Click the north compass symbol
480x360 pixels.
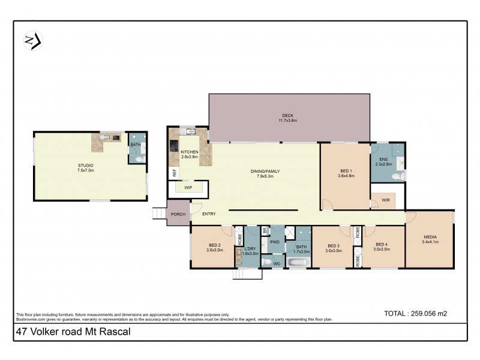32,40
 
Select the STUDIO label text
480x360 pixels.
85,166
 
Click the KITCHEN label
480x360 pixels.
189,152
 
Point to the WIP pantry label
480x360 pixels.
188,188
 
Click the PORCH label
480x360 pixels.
178,214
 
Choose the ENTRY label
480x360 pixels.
209,214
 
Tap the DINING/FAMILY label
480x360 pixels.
265,172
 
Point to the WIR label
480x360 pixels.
385,200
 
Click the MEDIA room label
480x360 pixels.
430,237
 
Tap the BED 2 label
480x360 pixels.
215,245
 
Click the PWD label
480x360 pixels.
275,242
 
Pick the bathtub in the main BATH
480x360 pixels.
298,262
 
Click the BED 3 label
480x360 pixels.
334,245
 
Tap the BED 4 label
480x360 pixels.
382,245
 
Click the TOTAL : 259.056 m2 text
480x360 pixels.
415,313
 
